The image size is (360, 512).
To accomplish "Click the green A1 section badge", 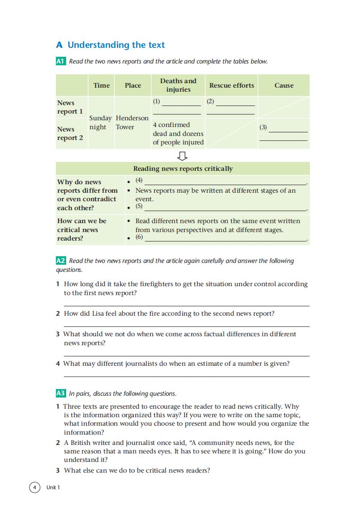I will click(61, 61).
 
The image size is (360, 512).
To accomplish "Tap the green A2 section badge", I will click(61, 261).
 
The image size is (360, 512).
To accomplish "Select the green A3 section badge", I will click(61, 394).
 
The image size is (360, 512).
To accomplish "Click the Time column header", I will click(102, 85).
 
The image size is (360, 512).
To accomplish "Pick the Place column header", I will click(133, 85).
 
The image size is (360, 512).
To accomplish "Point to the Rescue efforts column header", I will click(232, 85).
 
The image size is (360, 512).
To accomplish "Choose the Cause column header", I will click(284, 85).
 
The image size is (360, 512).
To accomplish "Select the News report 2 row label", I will click(70, 133).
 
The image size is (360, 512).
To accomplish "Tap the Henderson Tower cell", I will click(132, 123).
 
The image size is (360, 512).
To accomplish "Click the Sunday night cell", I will click(101, 123).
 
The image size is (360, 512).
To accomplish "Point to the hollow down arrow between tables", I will click(182, 156).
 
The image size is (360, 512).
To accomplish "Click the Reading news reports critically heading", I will click(183, 169).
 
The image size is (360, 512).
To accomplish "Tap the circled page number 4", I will click(34, 487).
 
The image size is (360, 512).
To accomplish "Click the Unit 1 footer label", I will click(53, 487).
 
